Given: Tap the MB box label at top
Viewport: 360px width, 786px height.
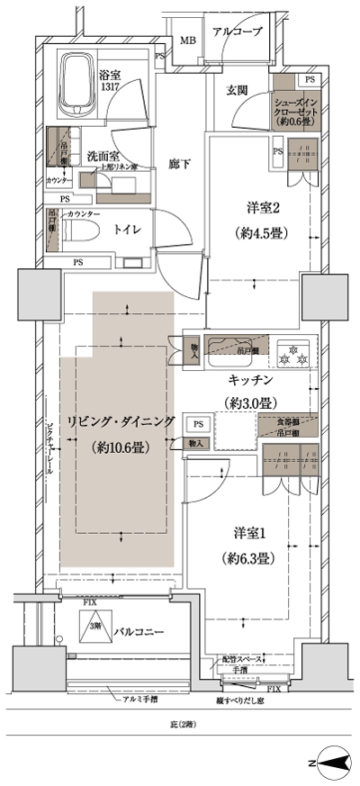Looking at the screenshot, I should coord(189,41).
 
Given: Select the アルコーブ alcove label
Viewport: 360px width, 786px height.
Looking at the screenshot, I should coord(238,32).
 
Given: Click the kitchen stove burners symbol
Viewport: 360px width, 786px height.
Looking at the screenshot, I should coord(292,351).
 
